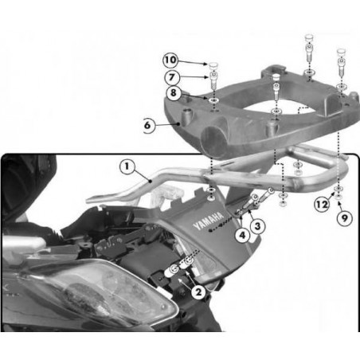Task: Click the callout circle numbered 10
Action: tap(170, 61)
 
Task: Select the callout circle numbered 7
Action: tap(172, 77)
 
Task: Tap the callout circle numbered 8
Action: tap(174, 93)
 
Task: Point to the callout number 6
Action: tap(147, 125)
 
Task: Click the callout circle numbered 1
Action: tap(127, 166)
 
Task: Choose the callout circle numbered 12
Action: tap(322, 205)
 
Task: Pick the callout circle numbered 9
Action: tap(344, 218)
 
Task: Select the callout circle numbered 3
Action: tap(257, 226)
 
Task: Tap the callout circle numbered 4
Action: tap(242, 235)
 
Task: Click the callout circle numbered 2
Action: tap(198, 292)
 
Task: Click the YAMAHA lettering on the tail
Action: tap(209, 221)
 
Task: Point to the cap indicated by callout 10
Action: tap(213, 65)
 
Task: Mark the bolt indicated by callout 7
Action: tap(213, 80)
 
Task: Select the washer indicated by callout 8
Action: tap(213, 100)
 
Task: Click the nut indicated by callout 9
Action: tap(338, 198)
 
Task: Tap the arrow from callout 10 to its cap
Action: tap(192, 62)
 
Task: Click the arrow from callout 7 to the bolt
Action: tap(194, 77)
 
